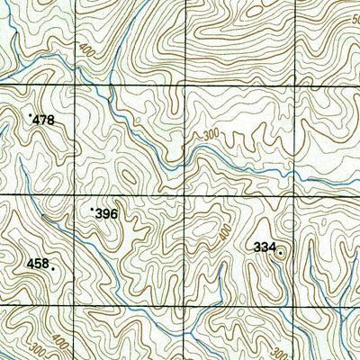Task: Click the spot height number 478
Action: [x=43, y=120]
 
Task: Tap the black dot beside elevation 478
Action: [x=31, y=115]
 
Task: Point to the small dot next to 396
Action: [x=92, y=209]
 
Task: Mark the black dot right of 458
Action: [x=53, y=268]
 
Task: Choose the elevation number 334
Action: [x=264, y=247]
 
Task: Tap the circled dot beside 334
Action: [x=280, y=253]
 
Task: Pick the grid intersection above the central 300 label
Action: [x=184, y=86]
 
